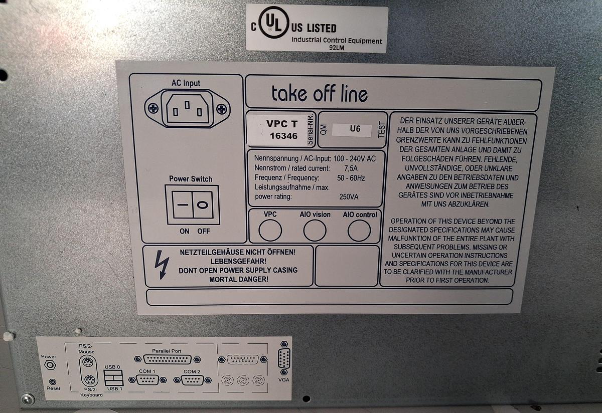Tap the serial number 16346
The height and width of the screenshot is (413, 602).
[283, 136]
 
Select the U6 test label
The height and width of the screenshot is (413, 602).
[355, 129]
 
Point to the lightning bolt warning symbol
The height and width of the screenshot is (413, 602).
[162, 265]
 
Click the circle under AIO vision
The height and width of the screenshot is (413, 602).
[315, 230]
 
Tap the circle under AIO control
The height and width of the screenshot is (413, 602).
[359, 231]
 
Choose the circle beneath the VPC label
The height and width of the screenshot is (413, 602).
[270, 230]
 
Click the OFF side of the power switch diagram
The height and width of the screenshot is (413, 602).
[203, 205]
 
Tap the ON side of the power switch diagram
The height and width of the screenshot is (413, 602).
[183, 204]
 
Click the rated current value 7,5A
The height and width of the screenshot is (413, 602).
[351, 168]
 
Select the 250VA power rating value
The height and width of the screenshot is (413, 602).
[349, 197]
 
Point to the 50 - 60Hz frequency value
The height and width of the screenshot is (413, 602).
[351, 178]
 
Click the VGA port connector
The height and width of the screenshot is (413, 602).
[284, 358]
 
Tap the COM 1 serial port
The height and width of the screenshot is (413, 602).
[147, 380]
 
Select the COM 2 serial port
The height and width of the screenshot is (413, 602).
[192, 380]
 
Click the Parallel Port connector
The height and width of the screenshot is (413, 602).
[168, 359]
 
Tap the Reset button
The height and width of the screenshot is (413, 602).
[53, 382]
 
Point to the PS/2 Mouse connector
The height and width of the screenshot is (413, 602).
[88, 362]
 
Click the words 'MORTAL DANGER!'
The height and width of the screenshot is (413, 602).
[239, 279]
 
